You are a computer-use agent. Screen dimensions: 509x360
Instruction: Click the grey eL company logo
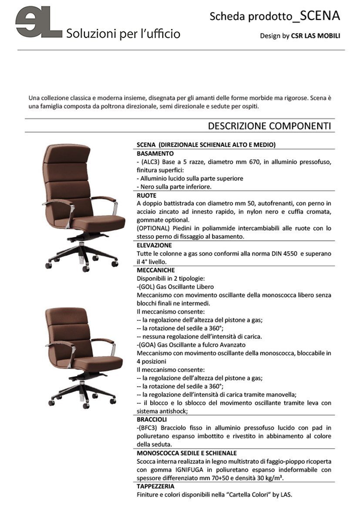(38, 23)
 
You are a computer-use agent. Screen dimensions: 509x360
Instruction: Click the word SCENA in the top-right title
(320, 16)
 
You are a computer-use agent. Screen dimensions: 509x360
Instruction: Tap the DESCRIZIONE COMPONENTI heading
(269, 126)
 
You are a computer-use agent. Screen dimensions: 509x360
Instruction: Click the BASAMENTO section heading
(155, 154)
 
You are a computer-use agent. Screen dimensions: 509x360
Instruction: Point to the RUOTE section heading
(147, 196)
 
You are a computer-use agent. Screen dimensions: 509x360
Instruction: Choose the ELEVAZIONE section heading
(154, 245)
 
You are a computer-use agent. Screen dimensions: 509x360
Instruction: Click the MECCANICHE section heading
(156, 270)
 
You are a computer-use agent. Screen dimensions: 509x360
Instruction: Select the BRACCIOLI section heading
(152, 419)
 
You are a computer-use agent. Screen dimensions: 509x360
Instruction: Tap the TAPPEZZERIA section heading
(156, 486)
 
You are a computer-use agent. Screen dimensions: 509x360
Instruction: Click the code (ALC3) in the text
(151, 162)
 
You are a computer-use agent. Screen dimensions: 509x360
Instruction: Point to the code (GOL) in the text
(147, 287)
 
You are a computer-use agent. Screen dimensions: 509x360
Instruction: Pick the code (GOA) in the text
(148, 345)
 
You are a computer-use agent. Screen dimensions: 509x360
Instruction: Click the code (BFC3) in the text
(150, 428)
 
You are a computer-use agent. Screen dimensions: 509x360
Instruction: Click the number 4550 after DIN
(289, 253)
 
